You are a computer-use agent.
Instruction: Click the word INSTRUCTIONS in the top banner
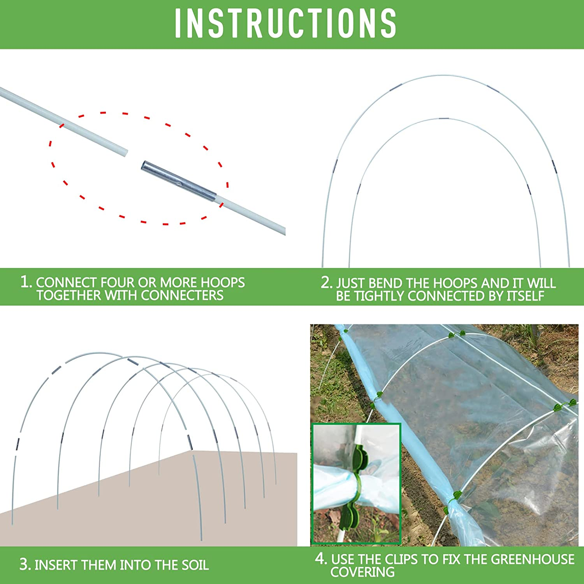pyautogui.click(x=285, y=23)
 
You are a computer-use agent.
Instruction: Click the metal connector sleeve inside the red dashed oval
pyautogui.click(x=179, y=181)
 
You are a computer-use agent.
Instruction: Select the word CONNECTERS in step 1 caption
pyautogui.click(x=182, y=296)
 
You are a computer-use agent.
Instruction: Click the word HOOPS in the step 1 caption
pyautogui.click(x=223, y=282)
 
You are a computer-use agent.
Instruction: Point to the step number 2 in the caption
pyautogui.click(x=326, y=282)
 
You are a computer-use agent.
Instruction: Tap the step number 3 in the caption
pyautogui.click(x=25, y=565)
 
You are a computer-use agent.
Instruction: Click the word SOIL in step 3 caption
pyautogui.click(x=195, y=565)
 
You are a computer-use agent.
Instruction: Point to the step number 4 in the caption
pyautogui.click(x=320, y=559)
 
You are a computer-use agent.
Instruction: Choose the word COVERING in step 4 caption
pyautogui.click(x=362, y=572)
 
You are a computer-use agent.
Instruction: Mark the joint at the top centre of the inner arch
pyautogui.click(x=444, y=118)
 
